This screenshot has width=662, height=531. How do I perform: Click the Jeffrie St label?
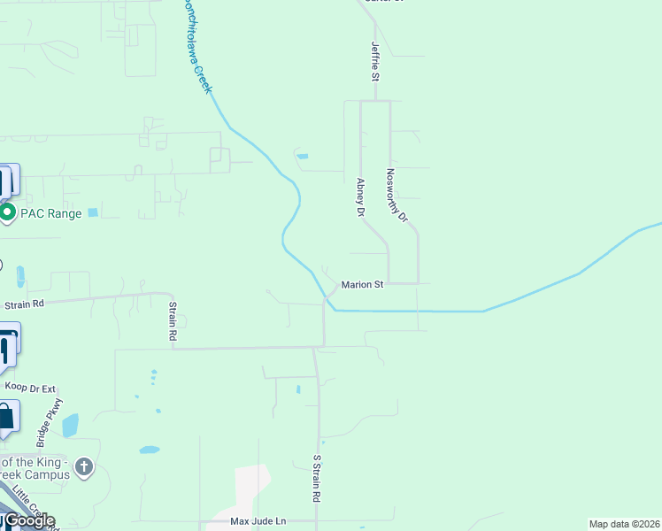coord(375,63)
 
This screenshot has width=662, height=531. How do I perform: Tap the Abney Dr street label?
coord(361,197)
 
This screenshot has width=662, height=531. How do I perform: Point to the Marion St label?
coord(363,285)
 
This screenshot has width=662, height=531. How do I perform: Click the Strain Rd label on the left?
coord(24,304)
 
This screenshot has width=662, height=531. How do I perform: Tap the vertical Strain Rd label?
coord(173,321)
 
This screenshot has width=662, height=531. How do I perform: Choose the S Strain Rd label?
coord(316,479)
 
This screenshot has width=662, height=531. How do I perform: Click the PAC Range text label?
coord(51,213)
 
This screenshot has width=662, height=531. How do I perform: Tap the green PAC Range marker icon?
coord(7,212)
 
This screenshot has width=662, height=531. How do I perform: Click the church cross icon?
coord(84,466)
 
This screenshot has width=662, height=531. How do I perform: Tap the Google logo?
coord(29,520)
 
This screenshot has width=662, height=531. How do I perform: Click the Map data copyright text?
coord(625,524)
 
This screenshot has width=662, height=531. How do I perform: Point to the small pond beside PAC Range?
coord(93,212)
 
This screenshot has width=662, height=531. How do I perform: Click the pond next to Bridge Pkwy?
coord(71,425)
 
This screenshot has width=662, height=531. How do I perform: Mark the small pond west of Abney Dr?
coord(303,157)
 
